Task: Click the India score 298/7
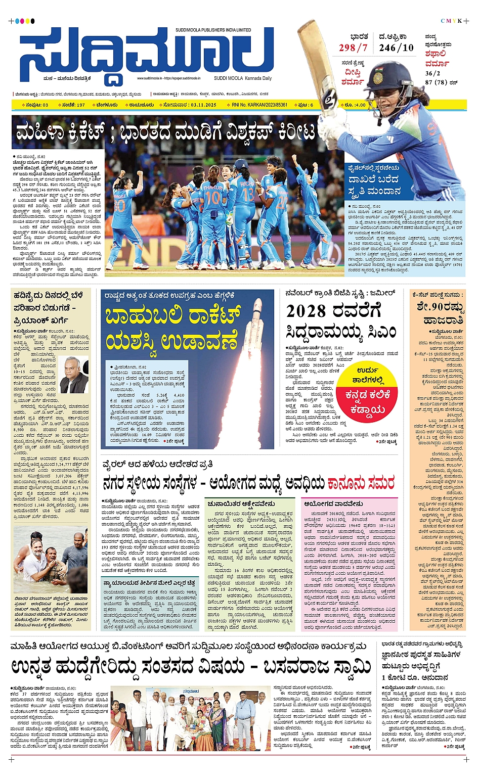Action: coord(353,48)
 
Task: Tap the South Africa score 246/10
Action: coord(396,48)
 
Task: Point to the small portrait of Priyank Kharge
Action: coord(74,375)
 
